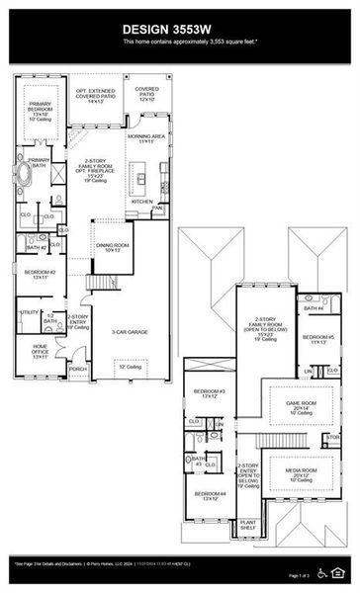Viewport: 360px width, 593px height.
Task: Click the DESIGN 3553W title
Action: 179,31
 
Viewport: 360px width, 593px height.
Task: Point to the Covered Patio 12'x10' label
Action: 146,93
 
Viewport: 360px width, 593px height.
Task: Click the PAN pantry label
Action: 157,209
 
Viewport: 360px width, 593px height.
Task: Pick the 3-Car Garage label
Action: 129,332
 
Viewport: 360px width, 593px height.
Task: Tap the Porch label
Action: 77,370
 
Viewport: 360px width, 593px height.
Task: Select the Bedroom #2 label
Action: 40,274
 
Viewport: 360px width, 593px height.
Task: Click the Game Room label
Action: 301,406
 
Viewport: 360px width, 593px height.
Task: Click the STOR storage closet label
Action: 332,436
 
